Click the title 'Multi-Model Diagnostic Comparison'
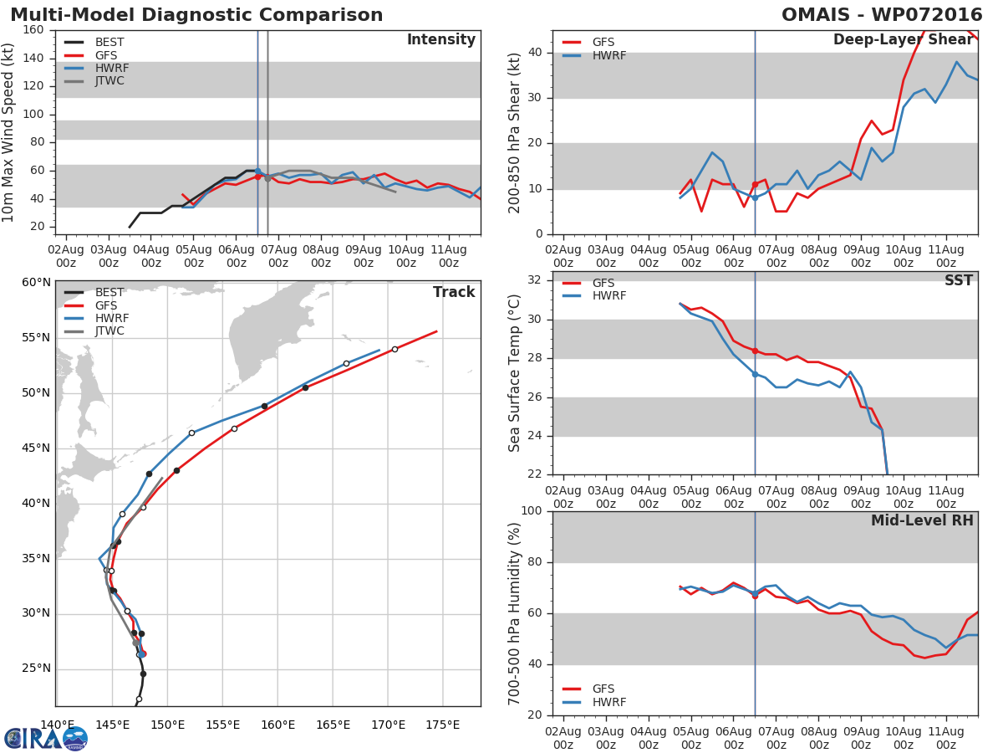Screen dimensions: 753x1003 (x=196, y=15)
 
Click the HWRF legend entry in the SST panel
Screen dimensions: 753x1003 (x=608, y=296)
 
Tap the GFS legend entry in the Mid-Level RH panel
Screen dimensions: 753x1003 (x=603, y=689)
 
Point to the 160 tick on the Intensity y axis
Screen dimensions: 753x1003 (x=33, y=30)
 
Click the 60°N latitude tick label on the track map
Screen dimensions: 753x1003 (x=36, y=282)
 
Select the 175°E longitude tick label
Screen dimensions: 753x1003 (x=442, y=725)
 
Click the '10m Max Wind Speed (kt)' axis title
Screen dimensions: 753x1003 (x=9, y=132)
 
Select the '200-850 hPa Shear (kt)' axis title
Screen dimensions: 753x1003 (x=515, y=132)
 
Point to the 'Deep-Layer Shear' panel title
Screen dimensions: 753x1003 (x=903, y=40)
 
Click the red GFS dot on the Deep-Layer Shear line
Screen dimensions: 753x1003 (x=755, y=185)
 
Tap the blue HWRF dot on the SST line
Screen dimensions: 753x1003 (x=755, y=374)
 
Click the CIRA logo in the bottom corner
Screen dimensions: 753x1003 (x=46, y=738)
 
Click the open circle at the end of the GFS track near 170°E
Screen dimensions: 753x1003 (x=395, y=350)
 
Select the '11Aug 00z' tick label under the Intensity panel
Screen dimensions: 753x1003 (x=448, y=256)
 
